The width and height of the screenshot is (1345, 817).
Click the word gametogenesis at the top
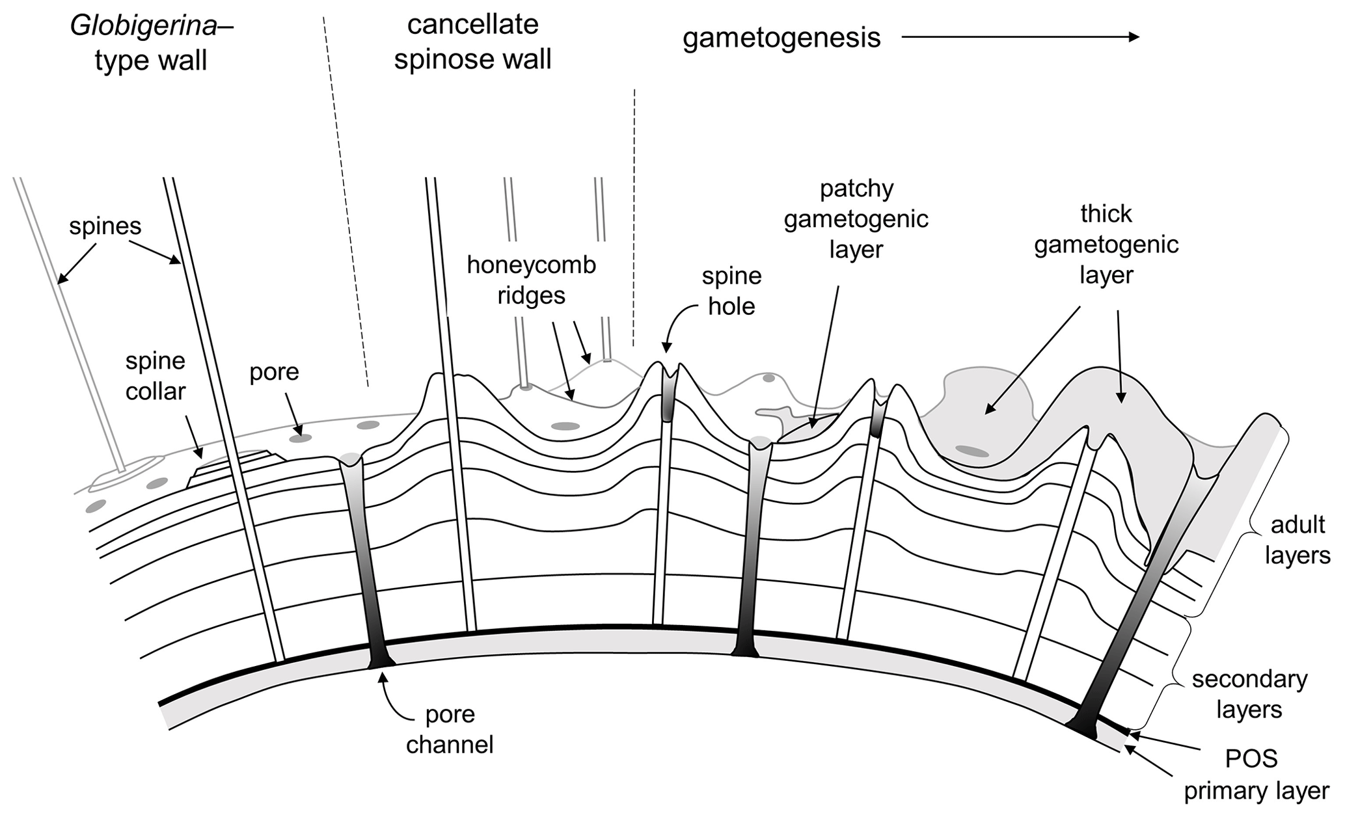(x=781, y=38)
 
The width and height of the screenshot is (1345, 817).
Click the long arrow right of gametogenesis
(x=1020, y=38)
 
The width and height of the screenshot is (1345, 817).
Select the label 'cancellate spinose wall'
(x=472, y=42)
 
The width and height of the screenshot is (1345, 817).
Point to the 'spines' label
(x=105, y=226)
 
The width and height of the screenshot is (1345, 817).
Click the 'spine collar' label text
(x=156, y=376)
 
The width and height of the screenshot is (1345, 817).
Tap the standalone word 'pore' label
(x=274, y=372)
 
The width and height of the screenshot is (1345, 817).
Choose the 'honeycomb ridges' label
(x=531, y=280)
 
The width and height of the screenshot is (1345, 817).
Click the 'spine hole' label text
(x=731, y=291)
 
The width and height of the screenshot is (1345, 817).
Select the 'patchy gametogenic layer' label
(x=856, y=219)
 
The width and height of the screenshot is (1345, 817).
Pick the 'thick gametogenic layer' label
(x=1106, y=244)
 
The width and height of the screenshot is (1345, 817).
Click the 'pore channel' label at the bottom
(x=450, y=729)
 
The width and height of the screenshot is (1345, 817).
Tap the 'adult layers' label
(x=1297, y=540)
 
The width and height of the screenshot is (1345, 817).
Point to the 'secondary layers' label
(x=1249, y=694)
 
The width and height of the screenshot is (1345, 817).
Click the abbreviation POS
(x=1251, y=759)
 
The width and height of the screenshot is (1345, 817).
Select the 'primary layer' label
(x=1256, y=791)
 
